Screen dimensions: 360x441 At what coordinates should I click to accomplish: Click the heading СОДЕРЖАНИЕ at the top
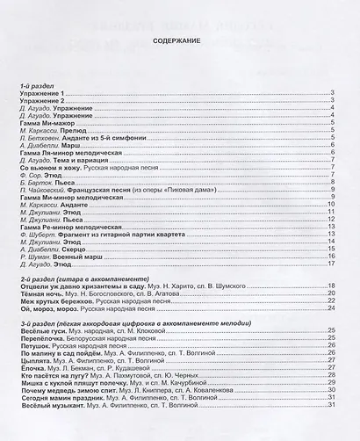178,40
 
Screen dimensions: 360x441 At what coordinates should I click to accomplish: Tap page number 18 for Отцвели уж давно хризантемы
330,286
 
